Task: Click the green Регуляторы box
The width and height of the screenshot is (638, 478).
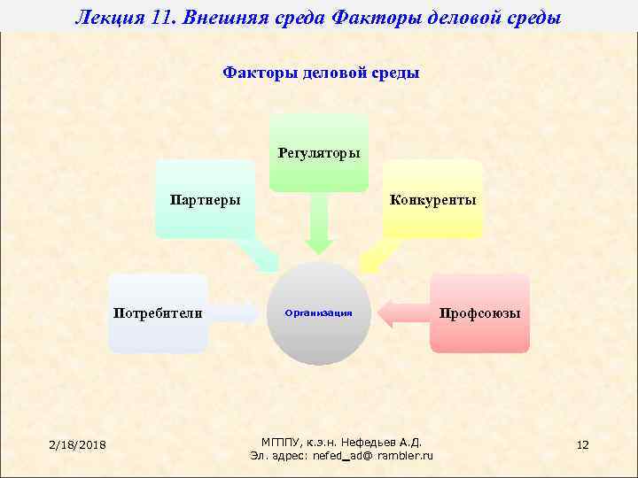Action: (318, 152)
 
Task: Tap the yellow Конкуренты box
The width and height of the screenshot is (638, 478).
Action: (432, 199)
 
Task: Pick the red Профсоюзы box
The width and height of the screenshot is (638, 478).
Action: (479, 313)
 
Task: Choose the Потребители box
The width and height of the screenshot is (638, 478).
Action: (158, 313)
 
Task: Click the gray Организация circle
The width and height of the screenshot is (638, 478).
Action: (319, 313)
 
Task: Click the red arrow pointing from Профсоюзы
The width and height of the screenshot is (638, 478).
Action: (402, 312)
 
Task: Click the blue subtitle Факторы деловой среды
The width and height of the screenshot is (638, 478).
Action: (321, 73)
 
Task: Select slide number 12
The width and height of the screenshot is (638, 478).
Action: (582, 443)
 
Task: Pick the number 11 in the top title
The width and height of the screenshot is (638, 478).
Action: (167, 16)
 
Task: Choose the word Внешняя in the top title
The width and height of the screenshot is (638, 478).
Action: (232, 16)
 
